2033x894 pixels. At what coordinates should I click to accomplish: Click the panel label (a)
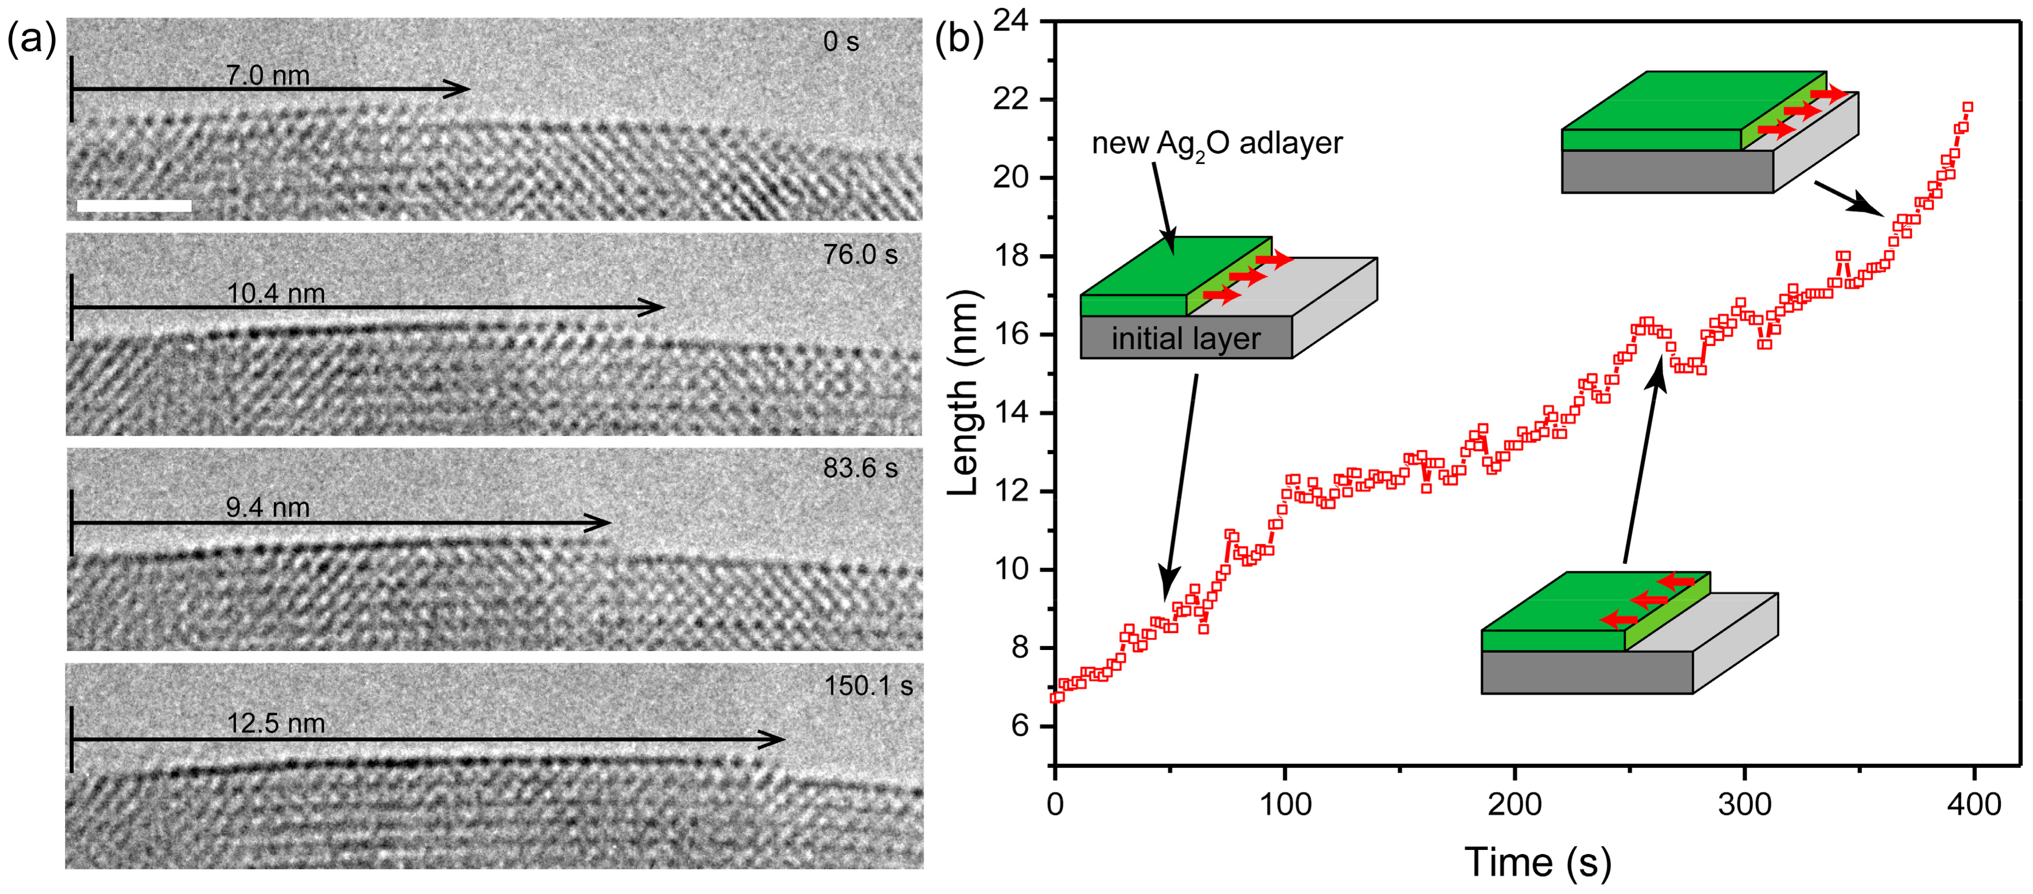(32, 38)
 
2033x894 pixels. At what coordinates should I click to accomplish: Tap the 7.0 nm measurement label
(268, 75)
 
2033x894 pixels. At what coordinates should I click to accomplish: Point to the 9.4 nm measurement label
(268, 507)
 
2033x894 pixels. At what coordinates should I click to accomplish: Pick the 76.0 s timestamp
(860, 254)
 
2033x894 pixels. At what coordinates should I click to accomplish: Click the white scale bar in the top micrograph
(134, 206)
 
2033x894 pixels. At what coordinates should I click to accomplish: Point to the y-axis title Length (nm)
(964, 393)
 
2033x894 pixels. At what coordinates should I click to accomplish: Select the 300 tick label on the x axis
(1745, 805)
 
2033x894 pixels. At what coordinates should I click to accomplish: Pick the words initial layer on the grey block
(1185, 338)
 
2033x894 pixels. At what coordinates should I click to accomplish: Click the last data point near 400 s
(1967, 107)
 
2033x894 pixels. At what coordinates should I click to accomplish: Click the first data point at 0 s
(1056, 697)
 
